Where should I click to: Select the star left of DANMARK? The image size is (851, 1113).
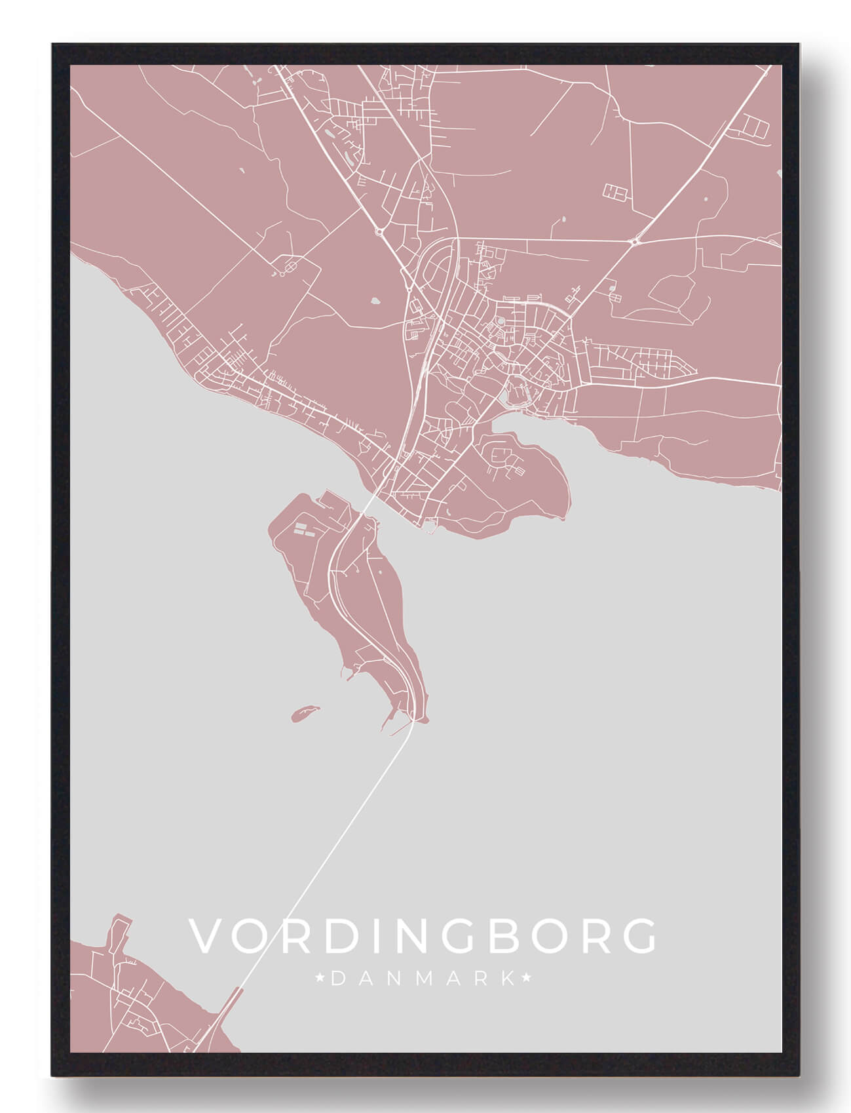click(x=321, y=979)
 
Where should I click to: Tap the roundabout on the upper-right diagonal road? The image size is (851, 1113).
click(x=635, y=242)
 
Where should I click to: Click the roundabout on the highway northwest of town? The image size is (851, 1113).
click(x=379, y=231)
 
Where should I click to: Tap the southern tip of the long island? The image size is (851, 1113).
click(x=419, y=720)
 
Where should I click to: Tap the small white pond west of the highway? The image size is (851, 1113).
click(x=375, y=302)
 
